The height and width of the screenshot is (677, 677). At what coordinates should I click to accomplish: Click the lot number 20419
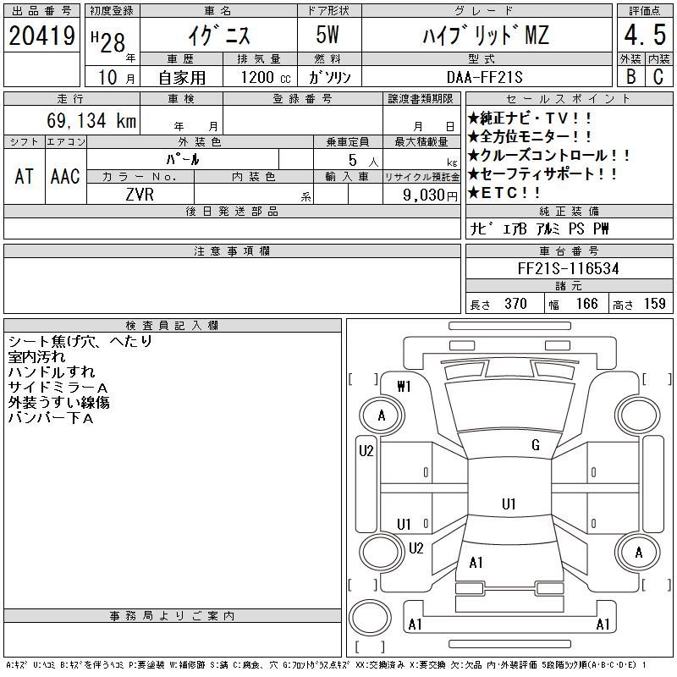(x=41, y=36)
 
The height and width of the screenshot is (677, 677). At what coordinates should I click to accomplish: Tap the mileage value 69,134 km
(x=91, y=120)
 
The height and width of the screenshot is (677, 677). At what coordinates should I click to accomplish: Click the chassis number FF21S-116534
(x=568, y=268)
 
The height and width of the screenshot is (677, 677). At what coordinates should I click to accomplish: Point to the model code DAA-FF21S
(x=484, y=77)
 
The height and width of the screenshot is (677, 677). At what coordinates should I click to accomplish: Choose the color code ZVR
(x=140, y=195)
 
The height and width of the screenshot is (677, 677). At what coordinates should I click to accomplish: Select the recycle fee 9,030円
(x=430, y=195)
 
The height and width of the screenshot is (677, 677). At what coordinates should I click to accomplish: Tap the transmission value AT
(x=24, y=176)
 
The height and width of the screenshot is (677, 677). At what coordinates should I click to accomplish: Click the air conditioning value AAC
(x=65, y=176)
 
